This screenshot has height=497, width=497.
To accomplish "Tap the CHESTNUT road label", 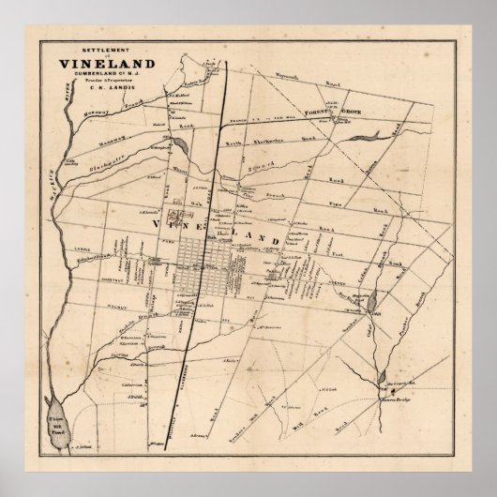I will pyautogui.click(x=81, y=264).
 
